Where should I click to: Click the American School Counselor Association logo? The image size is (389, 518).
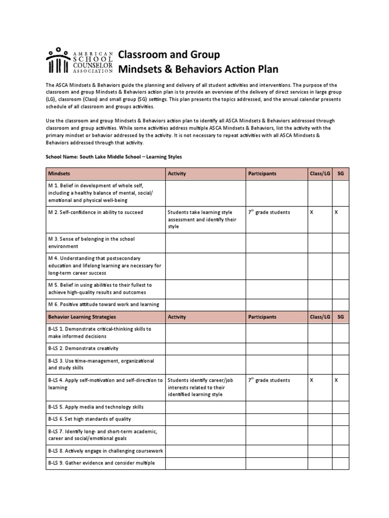[x=79, y=61]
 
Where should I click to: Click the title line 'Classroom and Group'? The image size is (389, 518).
[x=169, y=54]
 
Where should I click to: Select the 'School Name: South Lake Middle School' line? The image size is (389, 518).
[x=114, y=157]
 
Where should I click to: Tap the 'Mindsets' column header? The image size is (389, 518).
[x=59, y=174]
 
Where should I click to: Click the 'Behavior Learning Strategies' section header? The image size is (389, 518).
[x=82, y=317]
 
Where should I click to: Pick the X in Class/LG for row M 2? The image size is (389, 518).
[x=312, y=212]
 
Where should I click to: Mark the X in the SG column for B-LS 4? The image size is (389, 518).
[x=336, y=380]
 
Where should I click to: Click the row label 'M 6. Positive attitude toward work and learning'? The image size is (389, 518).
[x=103, y=304]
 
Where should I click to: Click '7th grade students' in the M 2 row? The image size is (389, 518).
[x=269, y=212]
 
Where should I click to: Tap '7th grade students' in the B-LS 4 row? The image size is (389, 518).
[x=269, y=380]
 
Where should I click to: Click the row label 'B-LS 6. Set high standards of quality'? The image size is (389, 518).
[x=89, y=419]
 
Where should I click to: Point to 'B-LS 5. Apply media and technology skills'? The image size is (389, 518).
[x=96, y=407]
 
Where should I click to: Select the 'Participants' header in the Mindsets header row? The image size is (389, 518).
[x=262, y=174]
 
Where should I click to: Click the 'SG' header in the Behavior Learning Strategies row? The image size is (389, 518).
[x=340, y=317]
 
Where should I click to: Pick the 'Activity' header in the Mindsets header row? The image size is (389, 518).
[x=177, y=174]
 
